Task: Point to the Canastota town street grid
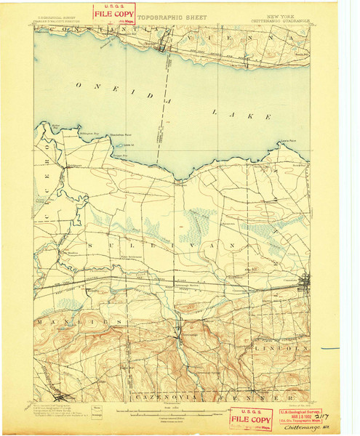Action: pos(308,280)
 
